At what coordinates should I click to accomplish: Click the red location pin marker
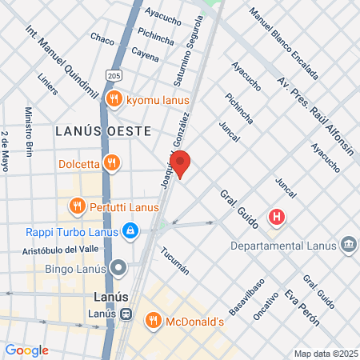click(181, 163)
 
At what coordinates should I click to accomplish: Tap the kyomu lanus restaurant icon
click(114, 99)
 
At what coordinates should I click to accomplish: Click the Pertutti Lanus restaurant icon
click(77, 206)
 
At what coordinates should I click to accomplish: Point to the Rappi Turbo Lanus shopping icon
click(130, 232)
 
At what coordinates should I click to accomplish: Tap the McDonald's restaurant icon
click(153, 322)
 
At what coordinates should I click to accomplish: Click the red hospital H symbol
click(277, 217)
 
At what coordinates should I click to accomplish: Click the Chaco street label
click(102, 38)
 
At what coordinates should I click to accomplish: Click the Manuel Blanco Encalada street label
click(284, 43)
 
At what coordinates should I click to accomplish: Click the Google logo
click(26, 350)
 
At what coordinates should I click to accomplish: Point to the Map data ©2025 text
click(324, 354)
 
